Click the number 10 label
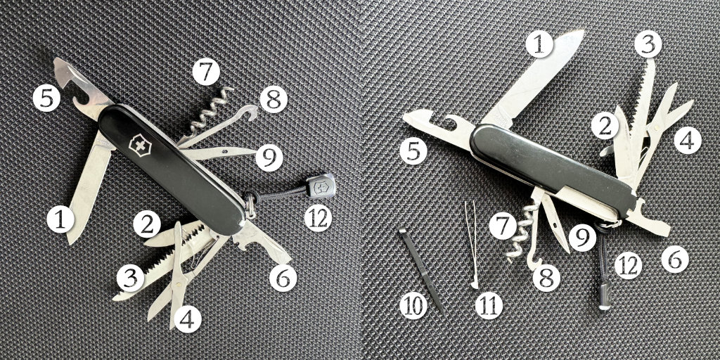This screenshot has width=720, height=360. point(413,305)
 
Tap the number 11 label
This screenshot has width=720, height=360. point(489,305)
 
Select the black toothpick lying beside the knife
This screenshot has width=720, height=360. point(422,270)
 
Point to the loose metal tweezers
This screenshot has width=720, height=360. point(471,244)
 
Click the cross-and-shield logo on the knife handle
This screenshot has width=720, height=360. point(140,146)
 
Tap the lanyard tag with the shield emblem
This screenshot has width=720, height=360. point(319,186)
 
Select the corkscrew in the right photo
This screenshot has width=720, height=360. point(521,234)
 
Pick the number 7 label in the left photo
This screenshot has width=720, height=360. point(206,72)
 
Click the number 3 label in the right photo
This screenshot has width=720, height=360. point(648,44)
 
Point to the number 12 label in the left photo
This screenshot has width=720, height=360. point(318,218)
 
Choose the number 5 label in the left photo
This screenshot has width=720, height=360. point(46,98)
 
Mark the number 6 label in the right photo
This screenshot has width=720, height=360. point(675,259)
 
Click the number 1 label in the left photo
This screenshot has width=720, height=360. point(60,219)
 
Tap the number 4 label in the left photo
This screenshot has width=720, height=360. point(187,319)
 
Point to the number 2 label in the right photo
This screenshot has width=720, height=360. point(605,126)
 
